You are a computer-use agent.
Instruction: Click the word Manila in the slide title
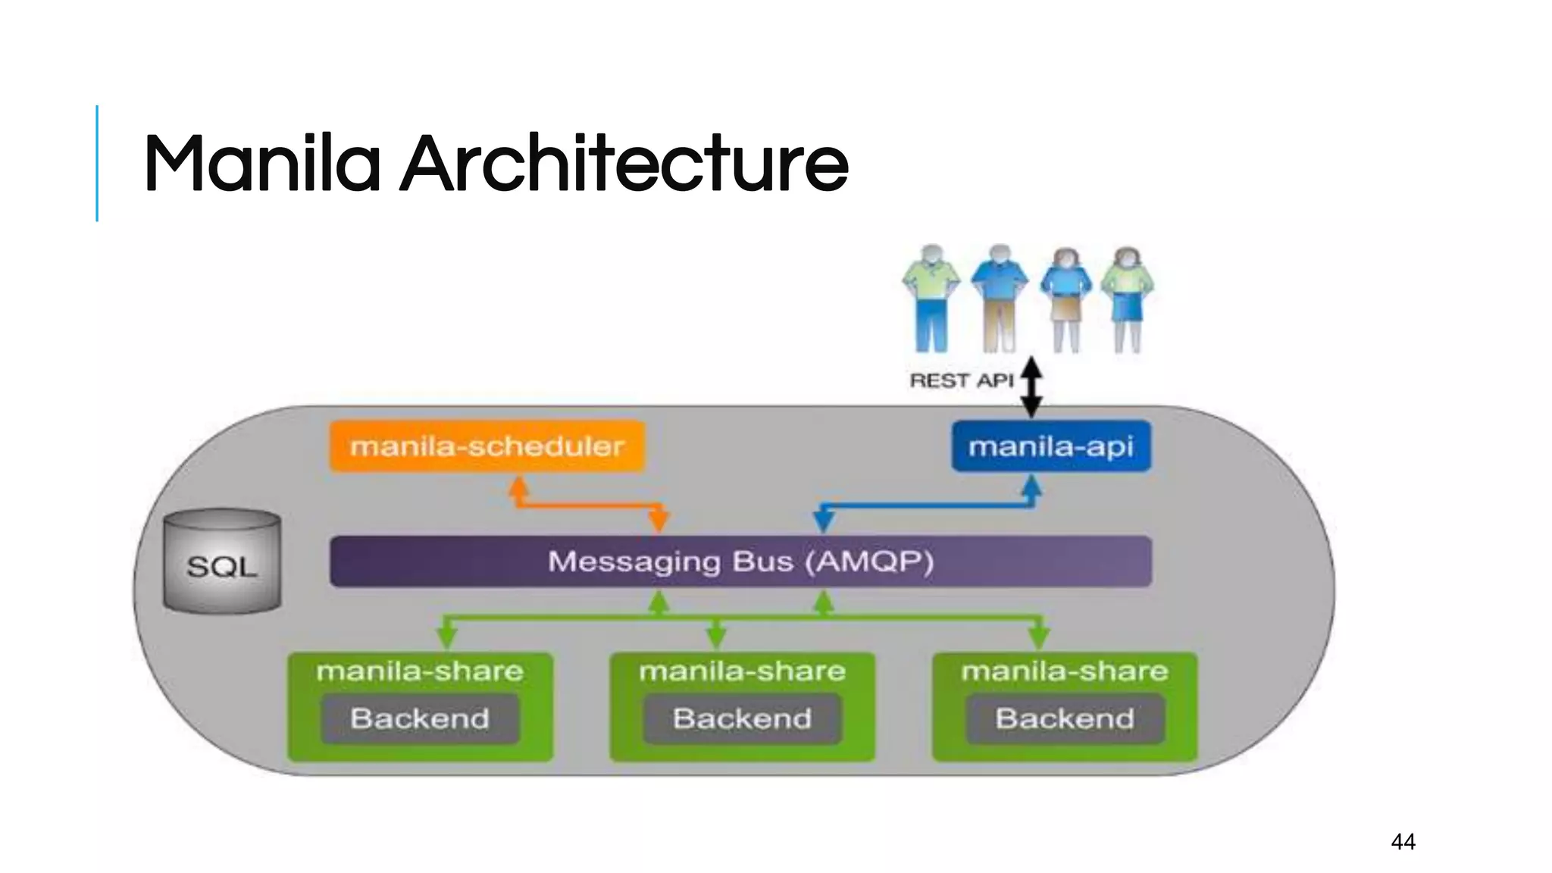[x=261, y=164]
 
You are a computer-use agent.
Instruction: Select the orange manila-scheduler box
[x=487, y=446]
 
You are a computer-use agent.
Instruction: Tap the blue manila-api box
[x=1051, y=446]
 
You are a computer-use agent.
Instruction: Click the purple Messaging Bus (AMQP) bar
[x=740, y=562]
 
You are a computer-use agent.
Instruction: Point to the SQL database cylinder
[x=222, y=562]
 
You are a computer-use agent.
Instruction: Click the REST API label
[x=961, y=380]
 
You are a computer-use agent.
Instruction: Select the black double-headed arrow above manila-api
[x=1031, y=387]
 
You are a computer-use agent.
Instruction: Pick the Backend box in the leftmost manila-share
[x=420, y=718]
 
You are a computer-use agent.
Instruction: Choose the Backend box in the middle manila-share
[x=742, y=718]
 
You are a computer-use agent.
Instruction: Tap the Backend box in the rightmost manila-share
[x=1065, y=718]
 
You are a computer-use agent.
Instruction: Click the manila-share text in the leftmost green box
[x=420, y=671]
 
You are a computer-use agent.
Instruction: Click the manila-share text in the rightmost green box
[x=1065, y=671]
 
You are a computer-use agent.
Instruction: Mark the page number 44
[x=1403, y=841]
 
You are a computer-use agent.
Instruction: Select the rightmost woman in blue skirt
[x=1127, y=299]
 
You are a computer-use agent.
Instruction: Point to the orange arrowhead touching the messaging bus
[x=659, y=521]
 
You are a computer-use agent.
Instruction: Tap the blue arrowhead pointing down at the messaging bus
[x=824, y=521]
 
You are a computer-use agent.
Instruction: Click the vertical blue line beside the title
[x=97, y=163]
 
